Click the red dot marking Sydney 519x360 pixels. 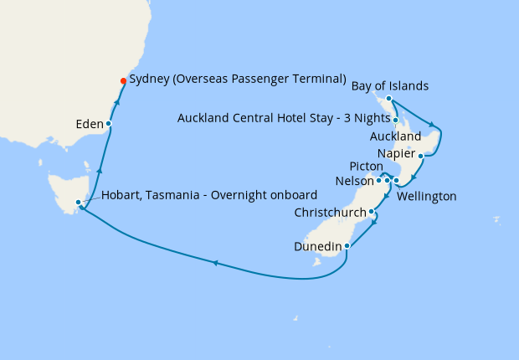[x=123, y=81]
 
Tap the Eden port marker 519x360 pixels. [x=109, y=124]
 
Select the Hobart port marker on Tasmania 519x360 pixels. [x=78, y=202]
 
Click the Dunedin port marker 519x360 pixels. [x=347, y=245]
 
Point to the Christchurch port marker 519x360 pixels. [x=372, y=212]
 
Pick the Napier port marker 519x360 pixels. [x=420, y=155]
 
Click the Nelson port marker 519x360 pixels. [x=378, y=180]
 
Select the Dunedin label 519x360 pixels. [x=317, y=246]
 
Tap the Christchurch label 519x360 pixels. [x=331, y=213]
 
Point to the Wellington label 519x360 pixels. [x=427, y=196]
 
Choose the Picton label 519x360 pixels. [x=365, y=166]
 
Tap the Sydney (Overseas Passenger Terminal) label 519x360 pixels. [x=238, y=80]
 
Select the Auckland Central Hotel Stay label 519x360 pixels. [x=284, y=118]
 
